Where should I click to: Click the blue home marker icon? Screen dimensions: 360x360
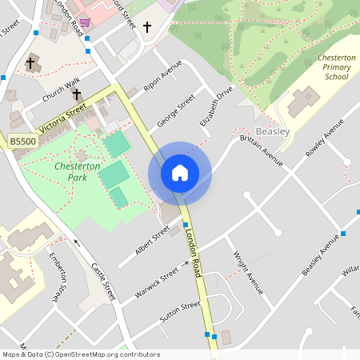pos(180,173)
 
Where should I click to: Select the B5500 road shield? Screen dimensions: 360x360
pos(22,142)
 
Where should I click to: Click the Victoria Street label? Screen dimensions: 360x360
pos(62,118)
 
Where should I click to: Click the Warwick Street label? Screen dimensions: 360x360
pos(156,284)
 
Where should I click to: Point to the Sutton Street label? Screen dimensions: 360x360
pos(180,312)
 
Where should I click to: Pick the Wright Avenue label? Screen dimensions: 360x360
pos(247,273)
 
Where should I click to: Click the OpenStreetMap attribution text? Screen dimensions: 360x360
pos(81,354)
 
